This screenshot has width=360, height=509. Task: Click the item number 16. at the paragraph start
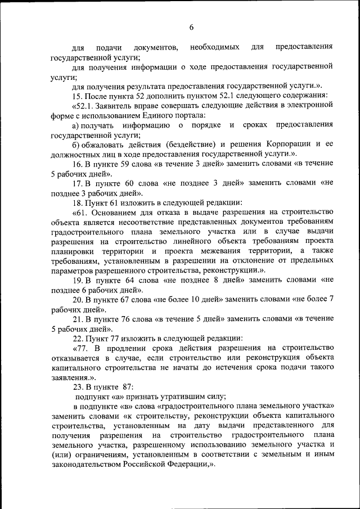tap(78, 164)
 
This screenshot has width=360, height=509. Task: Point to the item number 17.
tap(78, 183)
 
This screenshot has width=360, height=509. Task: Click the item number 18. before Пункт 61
tap(78, 202)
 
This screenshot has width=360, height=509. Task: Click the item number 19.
tap(78, 280)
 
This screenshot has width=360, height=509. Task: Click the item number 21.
tap(78, 318)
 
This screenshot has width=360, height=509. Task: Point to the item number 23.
tap(78, 387)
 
